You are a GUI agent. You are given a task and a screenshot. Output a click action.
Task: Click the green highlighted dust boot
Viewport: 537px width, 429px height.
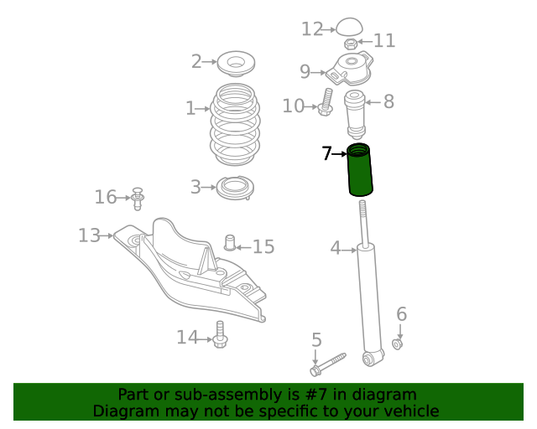click(x=360, y=170)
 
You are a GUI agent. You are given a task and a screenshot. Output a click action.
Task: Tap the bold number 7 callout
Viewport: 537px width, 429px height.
click(x=327, y=153)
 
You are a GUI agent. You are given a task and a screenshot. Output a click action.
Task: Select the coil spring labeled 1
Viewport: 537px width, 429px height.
click(x=235, y=125)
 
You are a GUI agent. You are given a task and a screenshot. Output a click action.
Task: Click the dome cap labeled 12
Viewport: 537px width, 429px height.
click(x=349, y=27)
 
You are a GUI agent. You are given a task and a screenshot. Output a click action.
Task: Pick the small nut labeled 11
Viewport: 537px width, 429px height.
click(x=350, y=44)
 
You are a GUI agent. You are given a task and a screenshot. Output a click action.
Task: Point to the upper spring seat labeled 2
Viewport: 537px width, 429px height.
click(x=236, y=64)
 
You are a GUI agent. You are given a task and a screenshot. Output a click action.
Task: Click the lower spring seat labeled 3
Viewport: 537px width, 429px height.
click(x=235, y=188)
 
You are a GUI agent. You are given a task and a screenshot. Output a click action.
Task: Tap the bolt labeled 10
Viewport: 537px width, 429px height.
click(x=326, y=102)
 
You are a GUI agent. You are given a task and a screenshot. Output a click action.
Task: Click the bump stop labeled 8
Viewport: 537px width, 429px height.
click(x=355, y=114)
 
